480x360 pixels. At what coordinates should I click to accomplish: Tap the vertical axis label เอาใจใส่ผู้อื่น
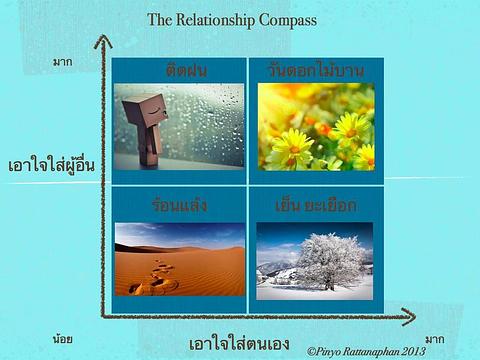pos(50,165)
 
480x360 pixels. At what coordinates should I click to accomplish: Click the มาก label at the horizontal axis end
pos(434,339)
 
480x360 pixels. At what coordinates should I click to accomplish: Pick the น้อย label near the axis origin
pos(63,339)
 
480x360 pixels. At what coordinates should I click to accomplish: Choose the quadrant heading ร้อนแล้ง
pos(180,206)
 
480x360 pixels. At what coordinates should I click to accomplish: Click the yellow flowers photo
pos(316,126)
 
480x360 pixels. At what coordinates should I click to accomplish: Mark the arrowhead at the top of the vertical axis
pos(100,41)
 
